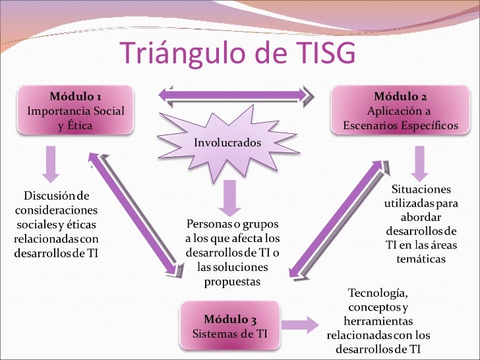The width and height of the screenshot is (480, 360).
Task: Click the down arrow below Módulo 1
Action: [51, 164]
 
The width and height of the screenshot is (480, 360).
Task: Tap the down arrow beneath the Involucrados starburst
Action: [228, 197]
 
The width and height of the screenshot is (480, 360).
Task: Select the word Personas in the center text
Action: [205, 224]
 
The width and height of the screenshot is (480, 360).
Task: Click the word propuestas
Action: [233, 282]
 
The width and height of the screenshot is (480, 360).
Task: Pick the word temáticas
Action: [421, 259]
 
